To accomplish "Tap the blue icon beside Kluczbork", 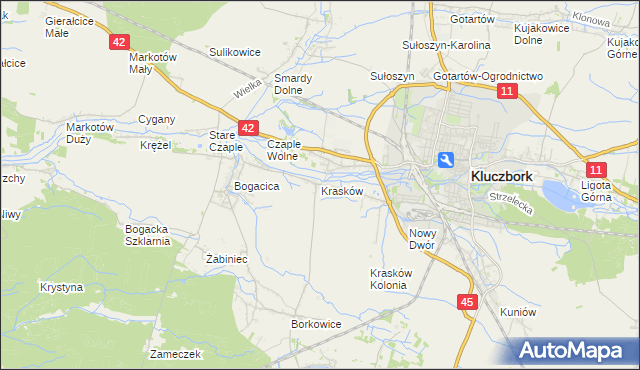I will pyautogui.click(x=446, y=159).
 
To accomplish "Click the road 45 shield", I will pyautogui.click(x=468, y=301).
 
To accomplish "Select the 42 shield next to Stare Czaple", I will pyautogui.click(x=249, y=128).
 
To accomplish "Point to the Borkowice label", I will pyautogui.click(x=316, y=324).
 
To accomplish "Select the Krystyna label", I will pyautogui.click(x=61, y=286).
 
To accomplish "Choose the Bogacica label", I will pyautogui.click(x=255, y=186).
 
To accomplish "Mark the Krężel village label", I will pyautogui.click(x=156, y=145).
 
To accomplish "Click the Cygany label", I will pyautogui.click(x=157, y=119).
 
